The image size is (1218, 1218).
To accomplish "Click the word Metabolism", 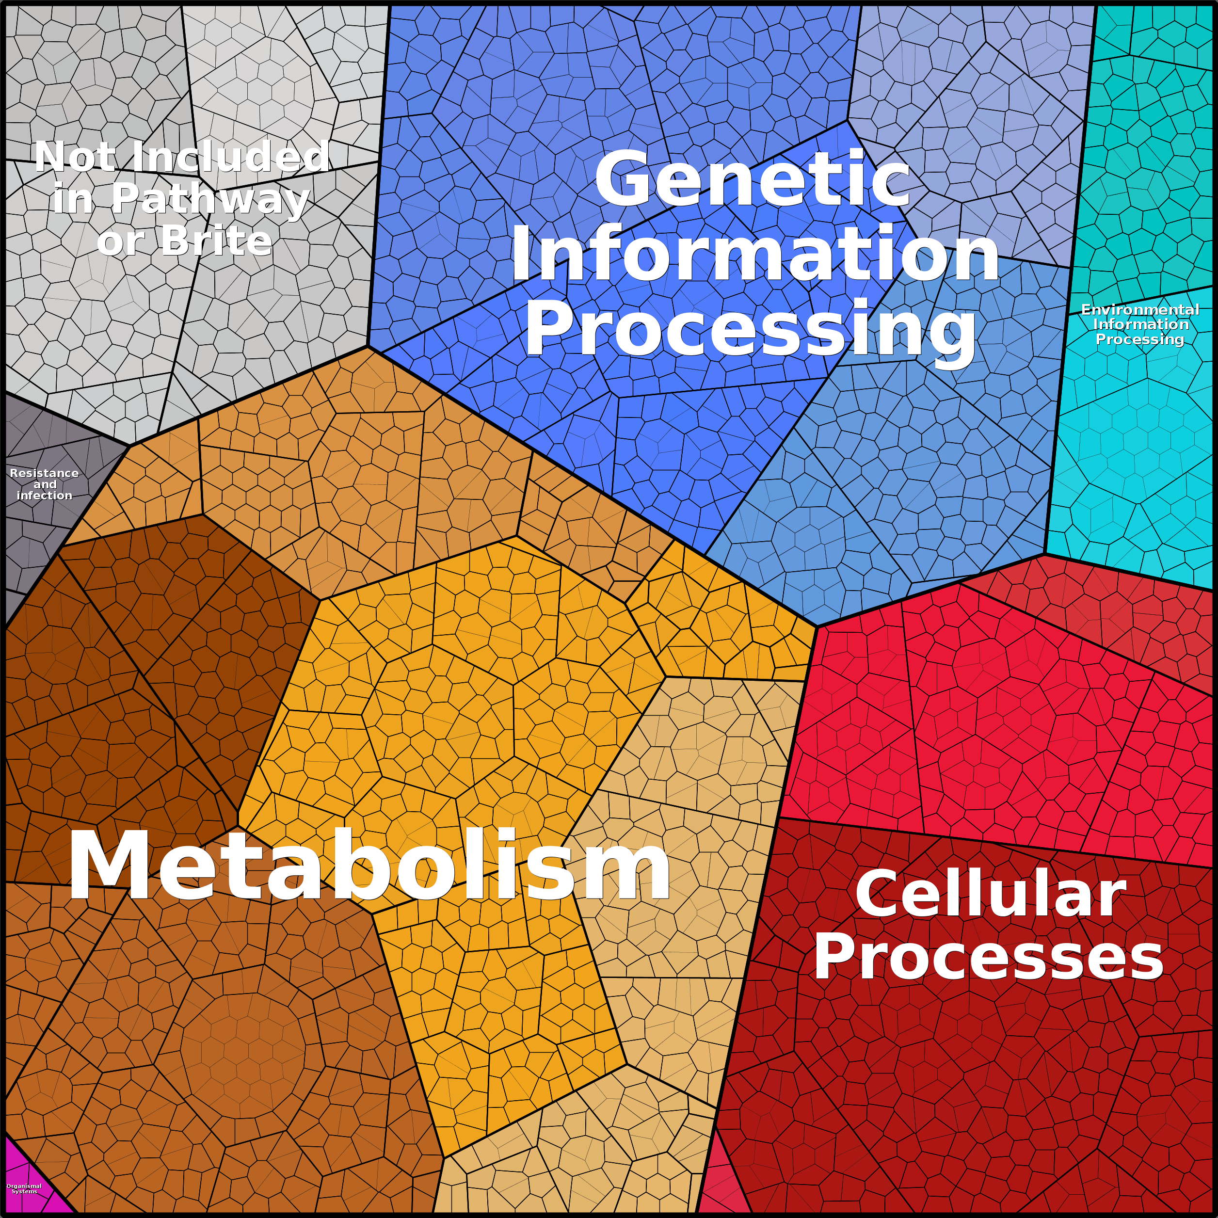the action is pos(369,865).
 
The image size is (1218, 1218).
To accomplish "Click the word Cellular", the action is pos(991,895).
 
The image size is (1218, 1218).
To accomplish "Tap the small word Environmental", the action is pos(1140,309).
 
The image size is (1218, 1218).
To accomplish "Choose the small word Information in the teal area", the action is pos(1141,324).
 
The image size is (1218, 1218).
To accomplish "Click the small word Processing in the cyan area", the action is pos(1140,339).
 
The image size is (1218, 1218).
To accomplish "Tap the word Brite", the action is pos(216,241).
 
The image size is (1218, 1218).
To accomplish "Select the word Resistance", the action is pos(44,473).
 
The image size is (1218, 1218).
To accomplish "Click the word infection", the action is pos(44,496).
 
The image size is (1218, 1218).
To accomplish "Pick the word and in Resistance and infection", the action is pos(45,484).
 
